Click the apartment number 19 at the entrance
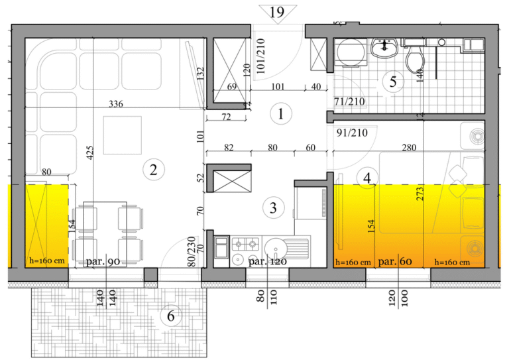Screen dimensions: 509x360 click(x=277, y=12)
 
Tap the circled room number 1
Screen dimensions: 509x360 click(x=281, y=114)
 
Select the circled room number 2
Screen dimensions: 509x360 click(x=154, y=170)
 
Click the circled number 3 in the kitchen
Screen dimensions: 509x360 click(x=273, y=208)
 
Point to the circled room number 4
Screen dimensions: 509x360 click(x=367, y=178)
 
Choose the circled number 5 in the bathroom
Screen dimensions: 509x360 click(x=393, y=82)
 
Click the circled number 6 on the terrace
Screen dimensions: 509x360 click(x=171, y=316)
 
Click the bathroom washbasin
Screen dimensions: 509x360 click(x=384, y=48)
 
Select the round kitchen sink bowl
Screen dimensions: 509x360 click(x=274, y=248)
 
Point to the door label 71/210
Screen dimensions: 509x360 click(x=349, y=101)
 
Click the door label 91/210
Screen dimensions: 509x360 click(x=352, y=133)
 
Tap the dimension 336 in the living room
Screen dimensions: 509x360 click(x=116, y=104)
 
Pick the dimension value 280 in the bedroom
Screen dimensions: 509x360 click(x=409, y=148)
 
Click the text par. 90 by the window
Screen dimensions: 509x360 click(x=103, y=261)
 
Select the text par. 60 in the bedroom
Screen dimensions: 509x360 click(x=396, y=261)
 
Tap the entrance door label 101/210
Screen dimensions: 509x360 click(x=261, y=56)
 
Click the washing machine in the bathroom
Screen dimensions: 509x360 click(x=350, y=52)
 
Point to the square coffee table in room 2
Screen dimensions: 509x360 click(x=123, y=135)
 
